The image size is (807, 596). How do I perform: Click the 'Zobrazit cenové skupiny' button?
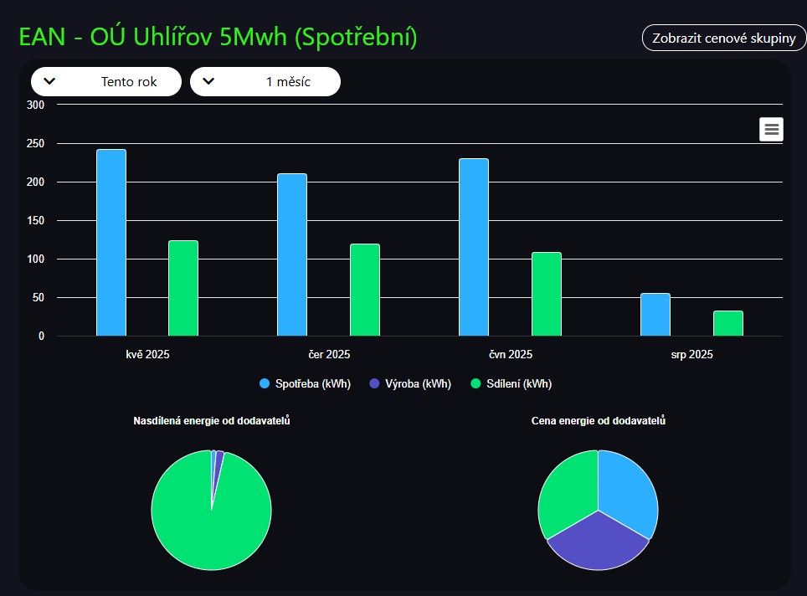click(x=723, y=39)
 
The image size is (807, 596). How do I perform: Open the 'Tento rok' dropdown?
click(x=106, y=81)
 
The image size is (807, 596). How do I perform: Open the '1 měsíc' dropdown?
click(x=265, y=81)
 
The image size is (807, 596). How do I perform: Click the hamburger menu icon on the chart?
click(x=771, y=129)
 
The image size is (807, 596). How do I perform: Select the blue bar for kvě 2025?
click(x=111, y=243)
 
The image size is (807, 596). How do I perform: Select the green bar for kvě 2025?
click(x=183, y=288)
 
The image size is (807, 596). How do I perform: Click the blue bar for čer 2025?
click(x=292, y=254)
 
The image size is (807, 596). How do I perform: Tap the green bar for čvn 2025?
click(x=546, y=294)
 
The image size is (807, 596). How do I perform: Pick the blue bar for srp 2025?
click(x=655, y=315)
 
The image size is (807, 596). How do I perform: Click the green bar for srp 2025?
click(x=727, y=323)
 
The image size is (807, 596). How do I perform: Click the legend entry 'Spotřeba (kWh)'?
click(x=306, y=384)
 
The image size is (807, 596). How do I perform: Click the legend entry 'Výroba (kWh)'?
click(x=410, y=384)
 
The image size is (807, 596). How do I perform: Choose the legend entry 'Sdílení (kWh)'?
click(x=511, y=384)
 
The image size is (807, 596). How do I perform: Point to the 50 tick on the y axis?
click(x=37, y=298)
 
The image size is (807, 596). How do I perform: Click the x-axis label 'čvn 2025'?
click(x=510, y=355)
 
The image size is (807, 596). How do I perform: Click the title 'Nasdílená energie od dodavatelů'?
click(x=212, y=421)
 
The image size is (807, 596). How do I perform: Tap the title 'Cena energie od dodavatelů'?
click(x=599, y=421)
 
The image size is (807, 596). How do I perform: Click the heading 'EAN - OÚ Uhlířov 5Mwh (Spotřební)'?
click(x=218, y=38)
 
